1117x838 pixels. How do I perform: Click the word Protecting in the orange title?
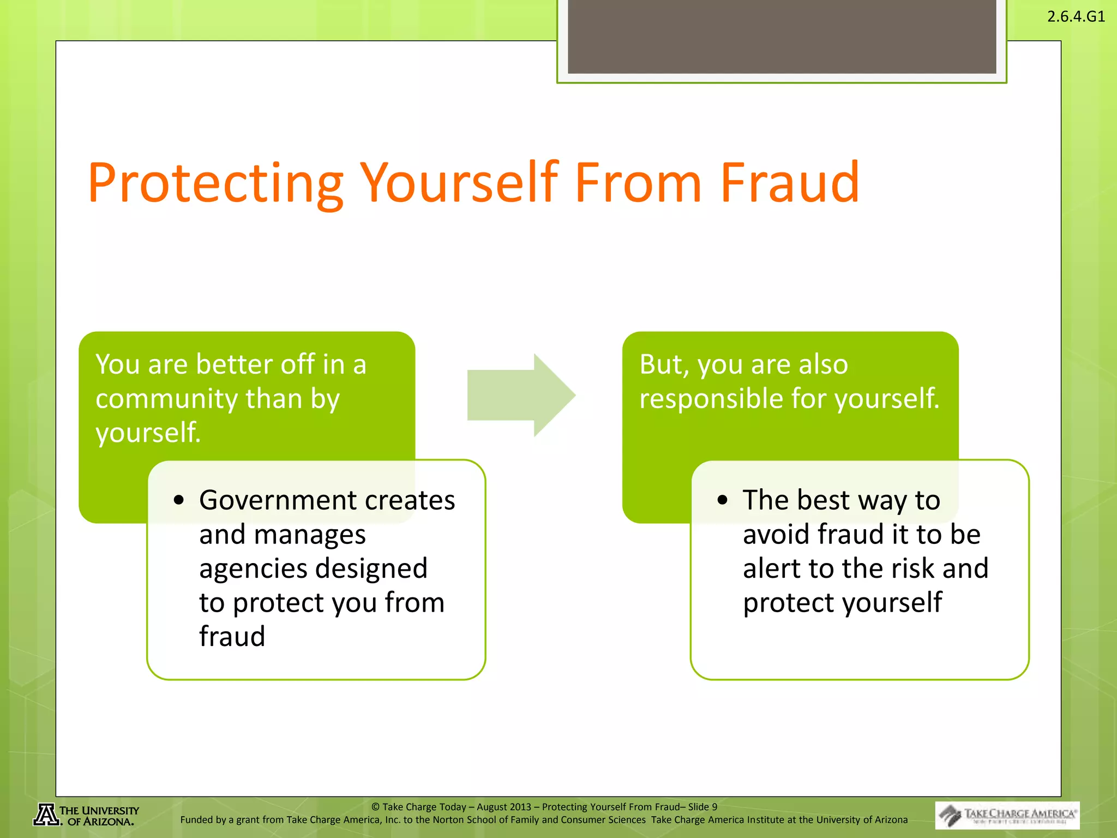click(x=215, y=183)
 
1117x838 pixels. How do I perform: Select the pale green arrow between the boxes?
click(x=521, y=395)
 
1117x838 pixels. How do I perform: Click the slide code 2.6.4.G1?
click(x=1076, y=16)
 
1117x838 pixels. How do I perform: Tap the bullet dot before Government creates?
click(x=179, y=500)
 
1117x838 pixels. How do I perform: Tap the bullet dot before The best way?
click(x=722, y=500)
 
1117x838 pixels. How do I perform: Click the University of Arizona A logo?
click(x=46, y=815)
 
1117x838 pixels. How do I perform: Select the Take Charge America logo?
click(x=1007, y=815)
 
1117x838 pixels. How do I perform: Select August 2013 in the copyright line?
click(x=503, y=807)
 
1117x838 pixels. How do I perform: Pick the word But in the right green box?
click(x=657, y=364)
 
